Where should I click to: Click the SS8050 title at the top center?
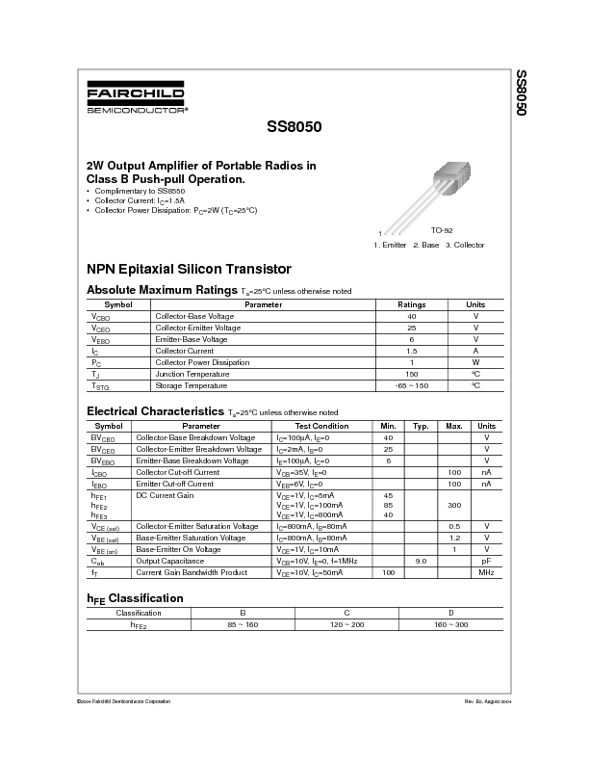coord(294,126)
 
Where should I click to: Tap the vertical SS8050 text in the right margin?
coord(521,93)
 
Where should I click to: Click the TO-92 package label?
coord(442,231)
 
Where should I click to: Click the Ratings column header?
coord(411,304)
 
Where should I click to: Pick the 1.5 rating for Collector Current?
coord(411,351)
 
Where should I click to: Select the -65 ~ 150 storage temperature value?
coord(411,385)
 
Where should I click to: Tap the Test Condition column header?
coord(321,426)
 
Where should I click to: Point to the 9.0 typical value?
coord(421,561)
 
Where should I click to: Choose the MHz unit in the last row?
coord(487,572)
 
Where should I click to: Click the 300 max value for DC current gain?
coord(454,505)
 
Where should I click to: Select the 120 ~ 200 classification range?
coord(347,625)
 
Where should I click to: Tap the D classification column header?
coord(450,613)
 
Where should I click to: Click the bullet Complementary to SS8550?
coord(134,192)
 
